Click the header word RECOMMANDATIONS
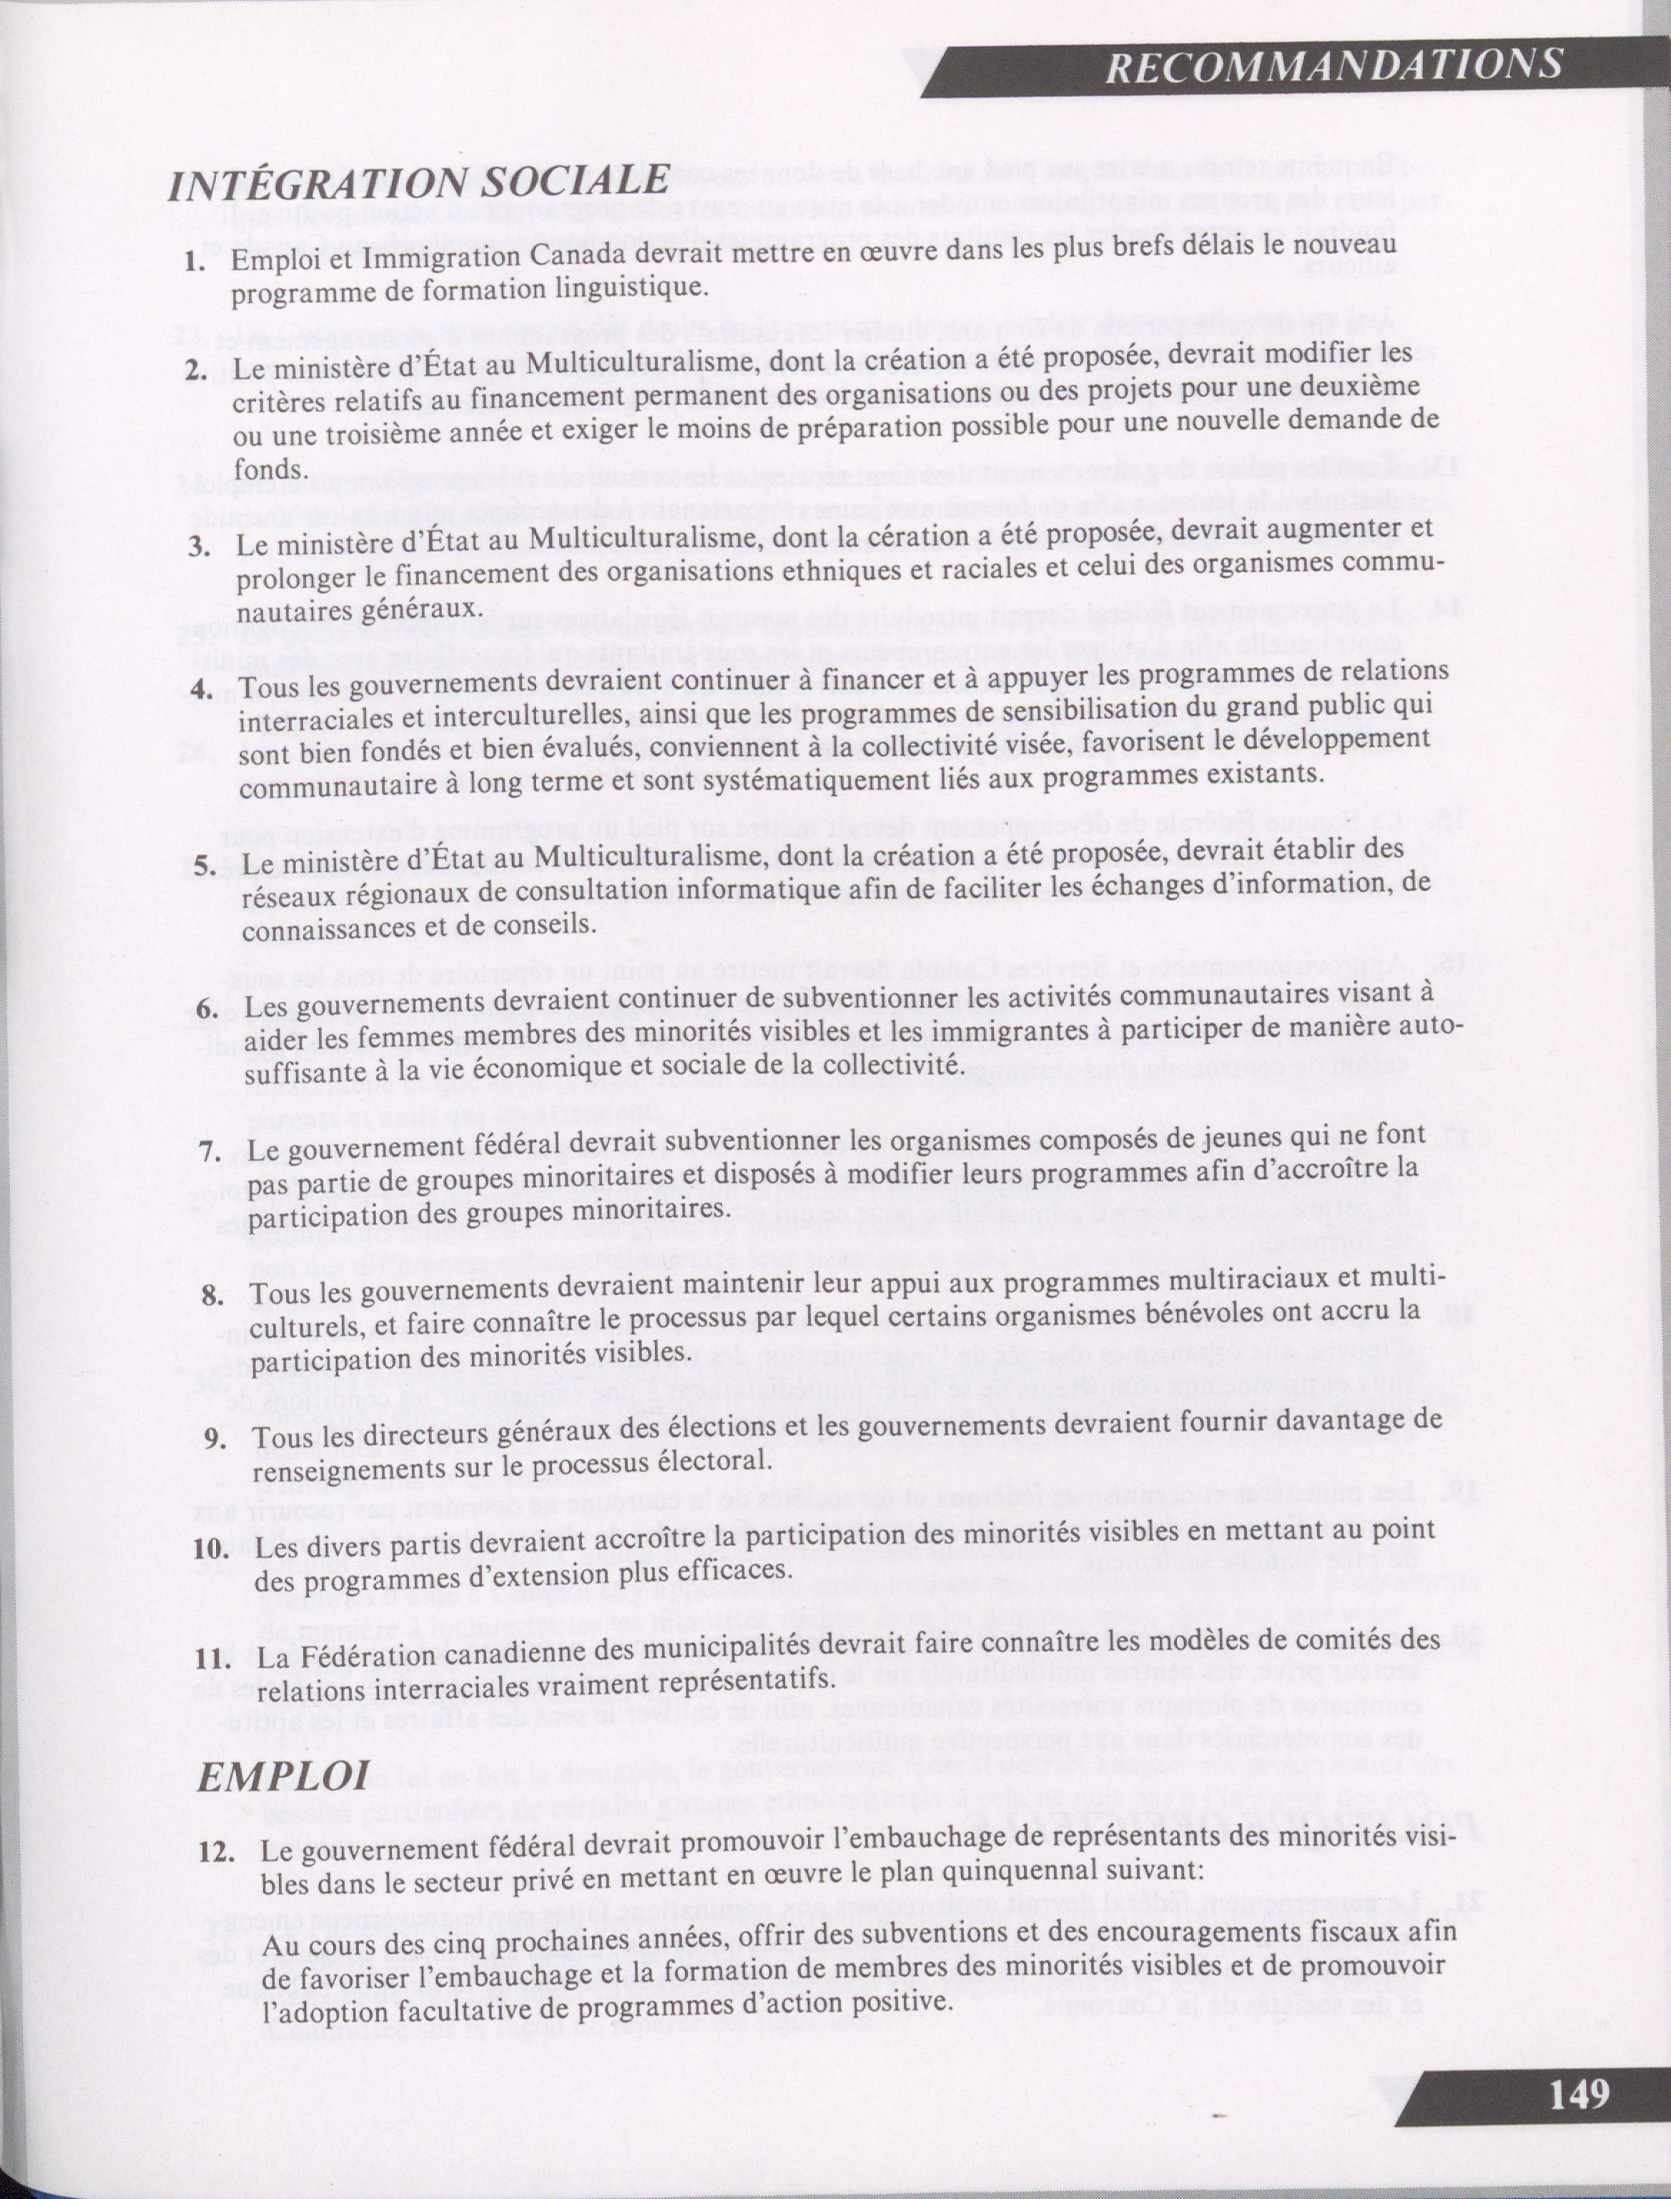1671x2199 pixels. pos(1334,66)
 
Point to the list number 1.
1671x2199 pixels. pos(196,265)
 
